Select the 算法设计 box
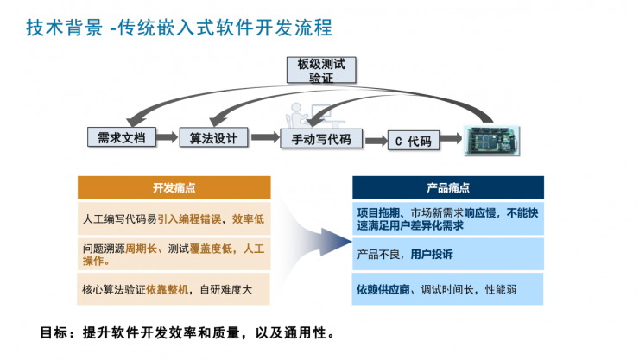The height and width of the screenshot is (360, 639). click(x=213, y=137)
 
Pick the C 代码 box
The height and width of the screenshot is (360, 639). click(x=413, y=140)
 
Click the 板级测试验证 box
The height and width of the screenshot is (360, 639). click(x=321, y=70)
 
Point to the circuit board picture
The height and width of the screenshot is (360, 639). click(x=493, y=137)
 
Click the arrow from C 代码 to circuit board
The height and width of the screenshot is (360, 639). click(x=452, y=140)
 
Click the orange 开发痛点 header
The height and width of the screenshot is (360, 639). click(x=174, y=187)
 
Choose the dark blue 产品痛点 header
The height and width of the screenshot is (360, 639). click(x=447, y=187)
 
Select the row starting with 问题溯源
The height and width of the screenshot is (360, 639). click(x=174, y=254)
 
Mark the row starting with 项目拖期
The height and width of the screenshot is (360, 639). click(x=447, y=218)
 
